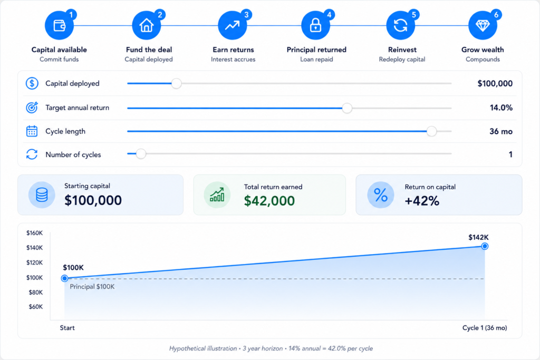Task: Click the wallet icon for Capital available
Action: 59,25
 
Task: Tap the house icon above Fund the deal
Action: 147,25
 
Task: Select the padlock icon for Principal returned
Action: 315,25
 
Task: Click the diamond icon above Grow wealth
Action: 483,25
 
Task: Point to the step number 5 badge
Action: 414,15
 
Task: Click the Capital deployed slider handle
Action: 176,83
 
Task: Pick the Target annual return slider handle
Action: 347,108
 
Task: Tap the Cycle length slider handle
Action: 431,131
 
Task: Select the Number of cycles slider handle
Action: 140,153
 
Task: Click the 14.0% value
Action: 501,108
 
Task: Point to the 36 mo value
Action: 501,131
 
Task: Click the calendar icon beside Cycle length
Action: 32,131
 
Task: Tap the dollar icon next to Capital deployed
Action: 32,83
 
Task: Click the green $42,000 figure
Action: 269,201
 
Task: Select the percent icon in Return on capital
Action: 381,195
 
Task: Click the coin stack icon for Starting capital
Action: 42,195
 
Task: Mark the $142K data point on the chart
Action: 485,246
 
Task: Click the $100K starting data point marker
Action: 64,278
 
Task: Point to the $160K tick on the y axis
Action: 34,233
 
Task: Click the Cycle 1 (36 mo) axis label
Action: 485,328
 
